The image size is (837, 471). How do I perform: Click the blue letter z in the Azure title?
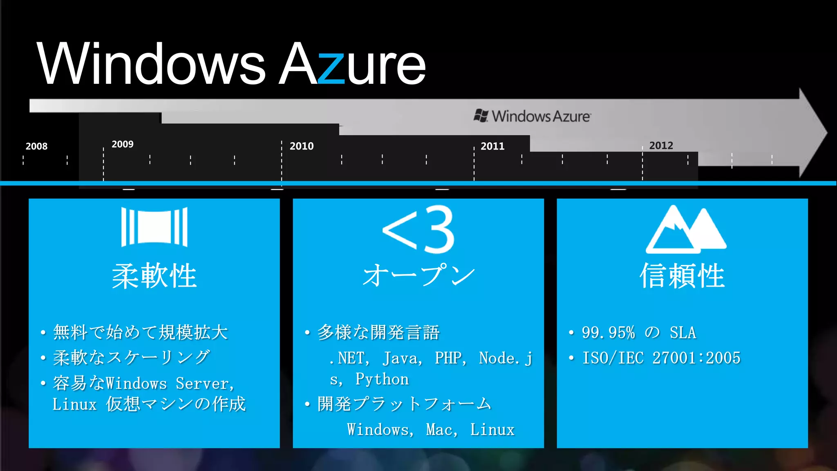click(331, 68)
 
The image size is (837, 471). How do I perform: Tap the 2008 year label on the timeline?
click(36, 146)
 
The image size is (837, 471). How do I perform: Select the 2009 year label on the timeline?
click(123, 144)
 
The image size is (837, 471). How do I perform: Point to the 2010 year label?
click(302, 146)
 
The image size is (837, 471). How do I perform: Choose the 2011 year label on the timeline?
click(492, 146)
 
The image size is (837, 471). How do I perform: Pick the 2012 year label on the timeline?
click(661, 146)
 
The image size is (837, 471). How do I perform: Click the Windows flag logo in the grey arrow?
click(481, 116)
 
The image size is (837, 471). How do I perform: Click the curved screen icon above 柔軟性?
click(154, 227)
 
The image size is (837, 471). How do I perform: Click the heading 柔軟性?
click(154, 276)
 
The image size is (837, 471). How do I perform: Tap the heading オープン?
click(418, 275)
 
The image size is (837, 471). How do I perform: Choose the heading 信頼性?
click(682, 276)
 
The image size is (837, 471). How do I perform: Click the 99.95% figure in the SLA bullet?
click(608, 332)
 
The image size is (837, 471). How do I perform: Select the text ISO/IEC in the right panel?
click(613, 358)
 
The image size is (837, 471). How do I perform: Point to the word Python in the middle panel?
click(382, 379)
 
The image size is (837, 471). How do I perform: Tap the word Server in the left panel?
click(202, 384)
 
